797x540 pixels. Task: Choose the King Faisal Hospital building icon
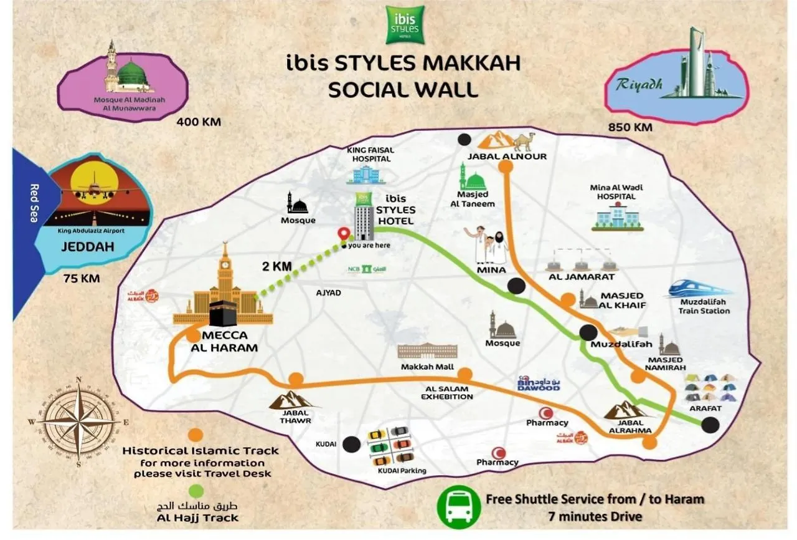365,174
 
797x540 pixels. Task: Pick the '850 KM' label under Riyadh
630,127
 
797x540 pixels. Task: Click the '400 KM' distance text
199,122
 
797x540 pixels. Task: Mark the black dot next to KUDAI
351,444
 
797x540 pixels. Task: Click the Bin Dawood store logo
539,383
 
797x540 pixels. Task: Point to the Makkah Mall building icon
427,350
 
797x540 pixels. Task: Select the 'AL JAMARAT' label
581,276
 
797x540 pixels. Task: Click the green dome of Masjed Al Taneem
476,182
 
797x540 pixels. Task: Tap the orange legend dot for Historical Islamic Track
196,435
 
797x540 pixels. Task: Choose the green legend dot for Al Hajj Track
196,490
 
